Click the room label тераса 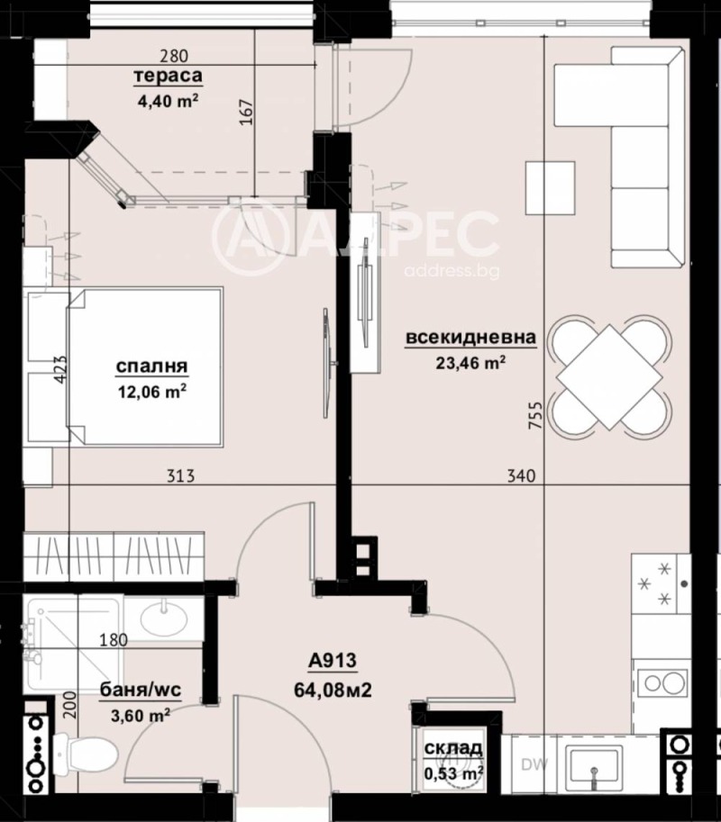[167, 76]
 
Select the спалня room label [151, 366]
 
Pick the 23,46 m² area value [470, 363]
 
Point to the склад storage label [453, 747]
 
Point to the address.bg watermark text [452, 271]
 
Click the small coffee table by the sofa [551, 186]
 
